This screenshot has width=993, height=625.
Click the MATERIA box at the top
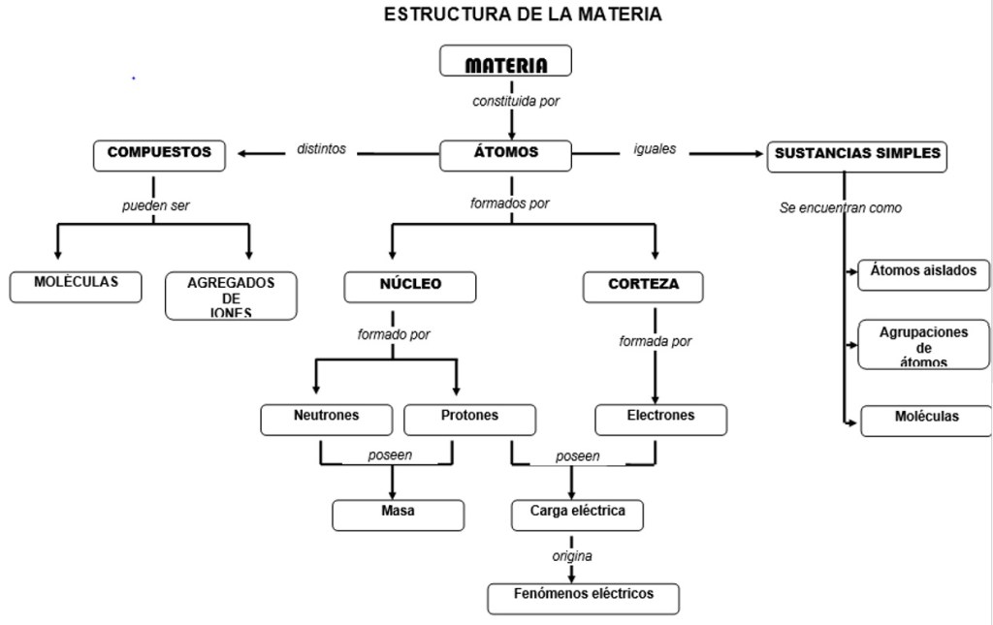(505, 62)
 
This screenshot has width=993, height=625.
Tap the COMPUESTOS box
(159, 155)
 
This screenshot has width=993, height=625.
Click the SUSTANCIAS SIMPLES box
(857, 156)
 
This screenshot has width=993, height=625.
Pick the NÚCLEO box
(410, 287)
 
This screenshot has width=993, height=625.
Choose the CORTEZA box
(643, 287)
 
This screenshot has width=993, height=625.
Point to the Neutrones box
(326, 419)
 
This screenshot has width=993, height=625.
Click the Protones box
(469, 419)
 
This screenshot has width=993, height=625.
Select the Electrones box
(660, 419)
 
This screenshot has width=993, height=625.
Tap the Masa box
(398, 515)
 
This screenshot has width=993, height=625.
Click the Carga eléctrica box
(578, 514)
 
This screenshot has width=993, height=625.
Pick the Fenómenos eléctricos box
(584, 597)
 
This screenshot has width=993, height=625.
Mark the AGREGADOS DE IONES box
(231, 296)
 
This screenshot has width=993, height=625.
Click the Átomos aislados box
(924, 274)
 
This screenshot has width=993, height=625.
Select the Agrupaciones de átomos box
(924, 344)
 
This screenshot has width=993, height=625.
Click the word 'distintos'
(321, 150)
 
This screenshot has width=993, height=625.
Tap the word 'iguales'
(655, 150)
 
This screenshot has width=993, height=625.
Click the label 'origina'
(572, 557)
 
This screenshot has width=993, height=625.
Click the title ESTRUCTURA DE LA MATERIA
(524, 15)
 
